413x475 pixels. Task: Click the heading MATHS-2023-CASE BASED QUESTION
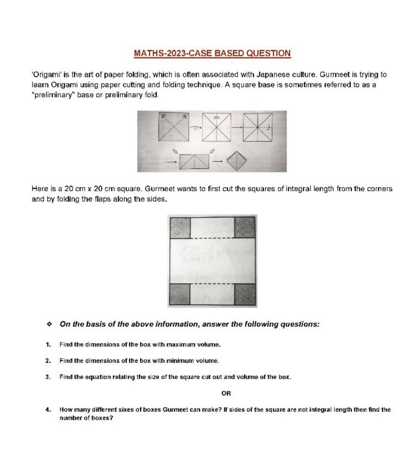tap(212, 53)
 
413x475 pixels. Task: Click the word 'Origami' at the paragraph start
tap(46, 75)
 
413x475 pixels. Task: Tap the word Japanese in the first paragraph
tap(271, 75)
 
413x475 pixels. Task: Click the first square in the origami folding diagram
tap(174, 127)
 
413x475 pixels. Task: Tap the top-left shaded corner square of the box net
tap(180, 227)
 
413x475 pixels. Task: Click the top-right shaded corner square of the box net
tap(245, 227)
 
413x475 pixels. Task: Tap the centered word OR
tap(226, 393)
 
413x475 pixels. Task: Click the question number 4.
tap(48, 410)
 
